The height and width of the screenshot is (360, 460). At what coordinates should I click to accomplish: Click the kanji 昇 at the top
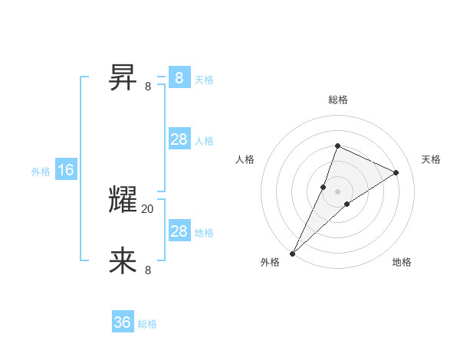[x=123, y=77]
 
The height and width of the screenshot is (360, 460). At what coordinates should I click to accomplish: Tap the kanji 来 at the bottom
[x=123, y=260]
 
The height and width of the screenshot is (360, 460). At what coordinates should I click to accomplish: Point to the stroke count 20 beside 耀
[x=148, y=209]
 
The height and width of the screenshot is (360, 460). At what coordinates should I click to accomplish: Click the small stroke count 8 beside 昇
[x=148, y=86]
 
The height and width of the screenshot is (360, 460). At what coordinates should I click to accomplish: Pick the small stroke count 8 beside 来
[x=148, y=270]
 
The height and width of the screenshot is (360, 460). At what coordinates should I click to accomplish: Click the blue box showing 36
[x=123, y=322]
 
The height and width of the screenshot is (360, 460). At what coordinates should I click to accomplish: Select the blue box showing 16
[x=66, y=170]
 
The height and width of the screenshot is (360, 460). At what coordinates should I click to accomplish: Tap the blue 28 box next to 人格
[x=179, y=139]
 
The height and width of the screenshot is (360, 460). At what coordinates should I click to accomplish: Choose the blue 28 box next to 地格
[x=179, y=231]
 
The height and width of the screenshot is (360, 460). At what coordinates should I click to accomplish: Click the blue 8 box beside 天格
[x=179, y=77]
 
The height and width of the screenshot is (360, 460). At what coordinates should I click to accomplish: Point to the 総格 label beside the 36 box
[x=147, y=324]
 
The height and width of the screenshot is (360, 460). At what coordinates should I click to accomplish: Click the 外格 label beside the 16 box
[x=41, y=172]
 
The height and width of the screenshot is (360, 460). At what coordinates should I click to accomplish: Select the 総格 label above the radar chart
[x=337, y=100]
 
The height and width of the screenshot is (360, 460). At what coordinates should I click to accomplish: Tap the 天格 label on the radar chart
[x=431, y=159]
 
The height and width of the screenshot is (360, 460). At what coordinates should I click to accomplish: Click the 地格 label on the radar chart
[x=402, y=262]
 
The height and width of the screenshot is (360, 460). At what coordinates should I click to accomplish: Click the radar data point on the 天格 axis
[x=396, y=172]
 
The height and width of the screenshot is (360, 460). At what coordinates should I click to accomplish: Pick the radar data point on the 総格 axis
[x=337, y=146]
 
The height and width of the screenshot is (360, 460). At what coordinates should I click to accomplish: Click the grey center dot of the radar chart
[x=337, y=191]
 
